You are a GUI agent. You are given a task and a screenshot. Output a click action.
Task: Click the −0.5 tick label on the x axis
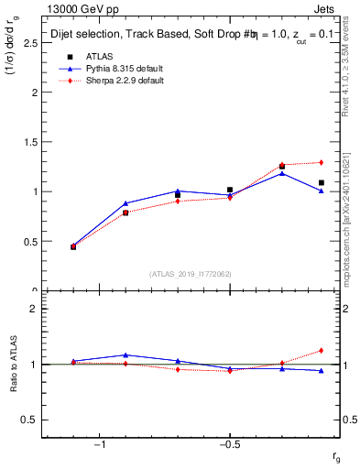pyautogui.click(x=228, y=445)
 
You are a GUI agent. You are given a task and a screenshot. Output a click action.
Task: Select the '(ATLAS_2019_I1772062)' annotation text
pyautogui.click(x=191, y=274)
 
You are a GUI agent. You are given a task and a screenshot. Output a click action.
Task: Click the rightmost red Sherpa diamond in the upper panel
pyautogui.click(x=321, y=163)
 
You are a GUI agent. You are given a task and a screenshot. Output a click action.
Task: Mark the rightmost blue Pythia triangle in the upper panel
pyautogui.click(x=321, y=191)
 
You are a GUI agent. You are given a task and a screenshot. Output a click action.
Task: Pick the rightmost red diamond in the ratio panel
pyautogui.click(x=321, y=350)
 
